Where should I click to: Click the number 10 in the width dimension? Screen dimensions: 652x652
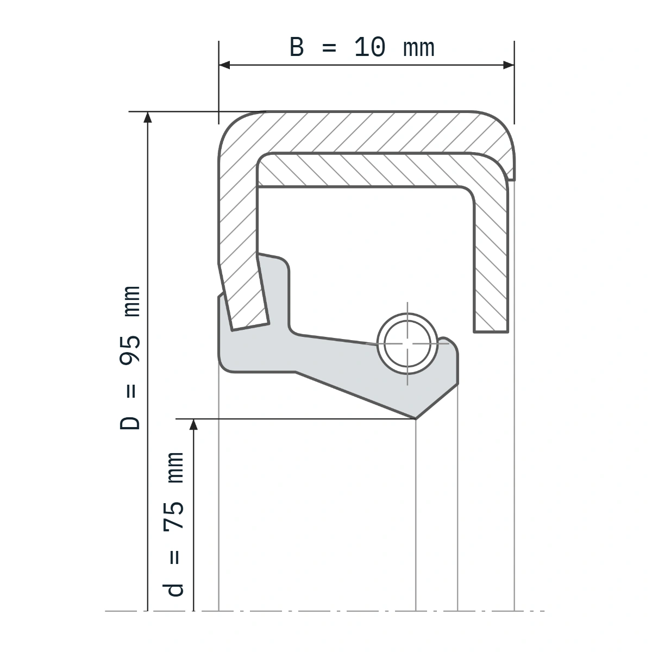pos(370,47)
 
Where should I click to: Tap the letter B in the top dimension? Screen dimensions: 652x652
pos(297,47)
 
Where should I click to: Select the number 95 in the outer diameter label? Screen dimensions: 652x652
pos(130,350)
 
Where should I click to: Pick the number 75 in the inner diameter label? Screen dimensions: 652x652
pos(173,516)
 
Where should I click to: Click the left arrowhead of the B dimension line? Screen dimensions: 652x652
pos(224,65)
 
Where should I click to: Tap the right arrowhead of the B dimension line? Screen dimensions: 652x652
pos(509,65)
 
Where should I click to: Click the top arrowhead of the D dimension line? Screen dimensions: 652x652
pos(148,117)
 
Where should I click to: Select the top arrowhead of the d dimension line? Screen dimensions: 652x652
pos(193,425)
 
